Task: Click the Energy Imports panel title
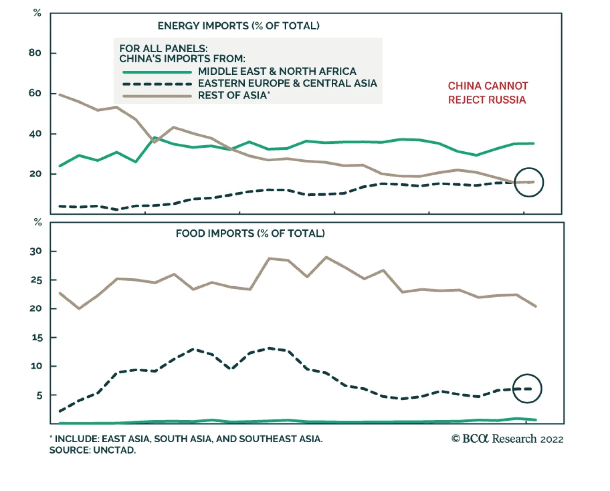238,26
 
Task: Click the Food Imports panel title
250,233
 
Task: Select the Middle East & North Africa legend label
277,71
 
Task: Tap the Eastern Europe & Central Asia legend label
287,83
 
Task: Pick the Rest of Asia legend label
233,95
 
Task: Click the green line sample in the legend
157,72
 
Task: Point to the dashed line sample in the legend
157,84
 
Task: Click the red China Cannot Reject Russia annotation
488,93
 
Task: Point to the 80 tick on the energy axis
35,53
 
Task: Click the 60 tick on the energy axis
35,93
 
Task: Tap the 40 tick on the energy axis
35,134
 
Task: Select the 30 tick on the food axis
36,251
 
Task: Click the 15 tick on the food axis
37,337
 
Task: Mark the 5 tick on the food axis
39,395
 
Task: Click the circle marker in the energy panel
529,182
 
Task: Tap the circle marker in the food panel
527,389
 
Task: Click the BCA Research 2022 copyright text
507,439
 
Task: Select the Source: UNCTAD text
93,450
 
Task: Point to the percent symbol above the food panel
38,222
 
